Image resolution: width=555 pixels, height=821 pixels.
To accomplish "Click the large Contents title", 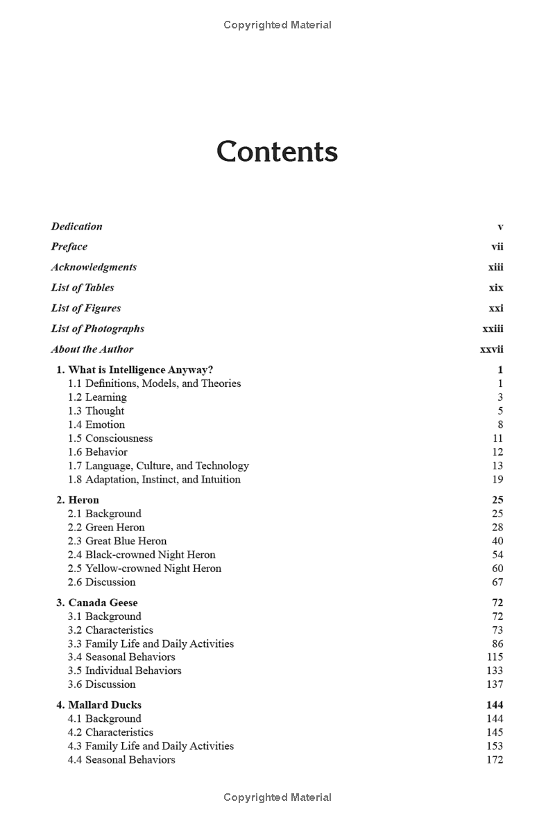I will point(277,152).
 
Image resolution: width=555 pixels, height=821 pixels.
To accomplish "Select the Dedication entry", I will point(76,226).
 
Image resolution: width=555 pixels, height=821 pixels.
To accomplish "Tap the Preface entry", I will point(69,246).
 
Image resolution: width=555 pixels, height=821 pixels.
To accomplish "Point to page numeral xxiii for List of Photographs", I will point(493,329).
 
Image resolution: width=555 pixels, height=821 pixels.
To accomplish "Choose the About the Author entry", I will point(92,349).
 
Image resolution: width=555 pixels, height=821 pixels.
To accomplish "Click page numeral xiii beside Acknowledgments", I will point(495,267).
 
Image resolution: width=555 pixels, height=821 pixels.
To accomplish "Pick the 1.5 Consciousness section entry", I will point(110,438).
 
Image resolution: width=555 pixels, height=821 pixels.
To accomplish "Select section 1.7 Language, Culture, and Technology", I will point(158,466).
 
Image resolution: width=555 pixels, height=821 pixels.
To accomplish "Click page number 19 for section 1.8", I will point(497,479).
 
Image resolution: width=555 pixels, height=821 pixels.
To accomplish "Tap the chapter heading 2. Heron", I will point(78,500).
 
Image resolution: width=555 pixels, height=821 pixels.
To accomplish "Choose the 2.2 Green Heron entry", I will point(106,527).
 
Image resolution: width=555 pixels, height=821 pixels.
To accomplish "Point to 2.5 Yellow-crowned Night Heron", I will point(144,569).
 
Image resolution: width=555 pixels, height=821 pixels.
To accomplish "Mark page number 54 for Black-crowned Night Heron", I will point(497,555).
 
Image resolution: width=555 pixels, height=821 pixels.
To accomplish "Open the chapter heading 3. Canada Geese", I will point(97,603).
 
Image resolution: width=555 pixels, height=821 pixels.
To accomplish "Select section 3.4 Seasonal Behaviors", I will point(121,657).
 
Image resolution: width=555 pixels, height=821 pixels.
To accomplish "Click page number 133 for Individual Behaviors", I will point(495,671).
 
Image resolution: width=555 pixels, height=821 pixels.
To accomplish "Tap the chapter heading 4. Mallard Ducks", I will point(99,705).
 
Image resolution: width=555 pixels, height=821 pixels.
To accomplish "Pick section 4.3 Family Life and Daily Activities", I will point(151,746).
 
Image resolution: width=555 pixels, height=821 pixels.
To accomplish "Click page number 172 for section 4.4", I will point(495,759).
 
